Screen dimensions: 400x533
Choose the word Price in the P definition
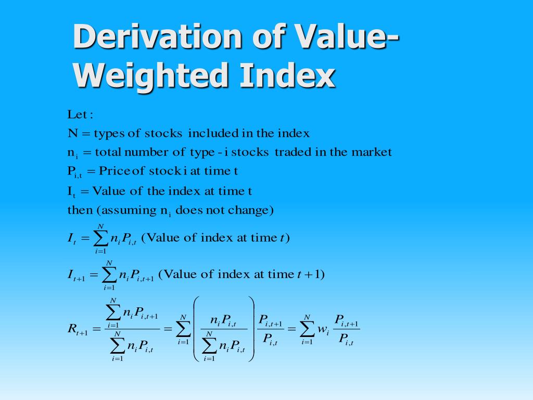tap(116, 171)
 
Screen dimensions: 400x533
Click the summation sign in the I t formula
tap(101, 239)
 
